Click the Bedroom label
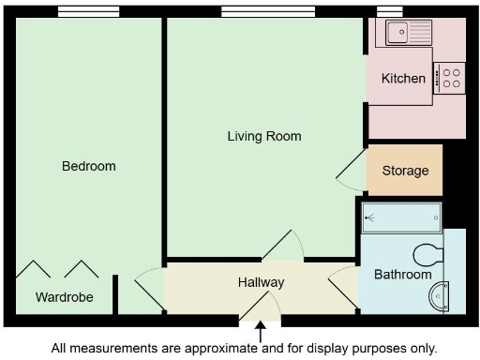coord(88,167)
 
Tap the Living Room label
coord(264,136)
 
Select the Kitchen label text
coord(403,79)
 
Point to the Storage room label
coord(405,171)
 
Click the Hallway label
coord(261,282)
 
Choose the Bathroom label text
coord(402,275)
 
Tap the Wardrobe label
coord(64,298)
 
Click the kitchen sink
coord(404,33)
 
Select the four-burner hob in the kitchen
coord(449,77)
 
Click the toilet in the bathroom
coord(427,254)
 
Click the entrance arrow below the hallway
coord(260,332)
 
